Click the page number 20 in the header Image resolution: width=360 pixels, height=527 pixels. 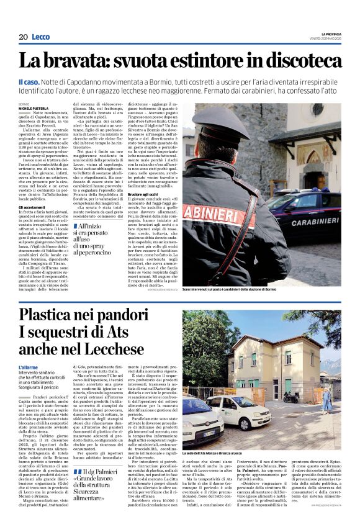click(23, 37)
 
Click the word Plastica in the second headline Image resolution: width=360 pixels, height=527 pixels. click(49, 315)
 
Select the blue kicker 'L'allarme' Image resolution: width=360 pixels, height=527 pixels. click(29, 367)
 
